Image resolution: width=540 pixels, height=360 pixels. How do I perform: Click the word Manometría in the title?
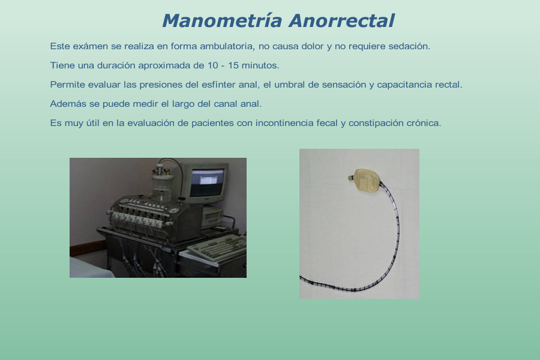pos(223,20)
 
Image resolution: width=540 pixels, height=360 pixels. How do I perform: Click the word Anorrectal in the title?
pos(341,20)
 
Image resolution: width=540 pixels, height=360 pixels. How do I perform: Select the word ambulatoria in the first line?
pos(227,46)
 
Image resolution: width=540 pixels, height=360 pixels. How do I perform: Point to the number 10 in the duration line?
pos(212,65)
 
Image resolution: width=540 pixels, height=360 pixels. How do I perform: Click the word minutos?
pos(260,65)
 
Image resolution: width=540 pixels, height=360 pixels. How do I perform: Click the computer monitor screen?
pos(208,182)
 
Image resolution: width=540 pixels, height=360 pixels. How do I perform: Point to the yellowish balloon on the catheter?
pos(367,180)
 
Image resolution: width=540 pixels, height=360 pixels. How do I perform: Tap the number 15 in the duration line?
pos(233,65)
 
